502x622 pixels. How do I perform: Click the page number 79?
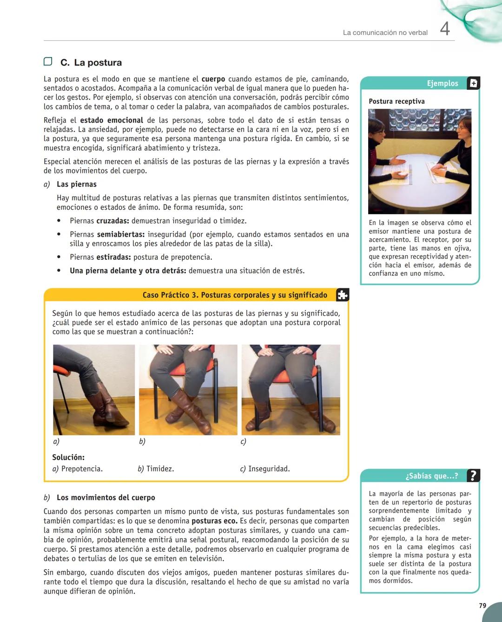(482, 605)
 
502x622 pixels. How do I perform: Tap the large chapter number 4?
(445, 29)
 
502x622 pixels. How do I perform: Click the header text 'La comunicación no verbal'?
(385, 33)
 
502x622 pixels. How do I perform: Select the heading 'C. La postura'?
(91, 62)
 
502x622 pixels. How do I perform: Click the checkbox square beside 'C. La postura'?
(48, 62)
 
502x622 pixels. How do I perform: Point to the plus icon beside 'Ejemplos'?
(473, 83)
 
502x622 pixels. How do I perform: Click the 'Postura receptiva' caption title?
(396, 101)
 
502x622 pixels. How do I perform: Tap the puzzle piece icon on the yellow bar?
(342, 295)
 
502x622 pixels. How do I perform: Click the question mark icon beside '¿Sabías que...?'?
(473, 476)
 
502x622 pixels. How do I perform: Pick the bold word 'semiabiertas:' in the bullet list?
(121, 234)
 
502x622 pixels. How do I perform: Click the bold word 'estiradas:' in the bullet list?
(113, 257)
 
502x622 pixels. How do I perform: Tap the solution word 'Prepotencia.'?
(82, 469)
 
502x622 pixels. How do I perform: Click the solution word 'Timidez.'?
(160, 469)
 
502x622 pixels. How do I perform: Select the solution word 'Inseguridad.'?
(269, 469)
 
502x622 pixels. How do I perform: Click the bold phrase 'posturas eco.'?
(214, 521)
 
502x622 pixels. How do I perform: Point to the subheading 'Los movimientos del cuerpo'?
(106, 497)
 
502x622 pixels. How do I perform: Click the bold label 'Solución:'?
(68, 457)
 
